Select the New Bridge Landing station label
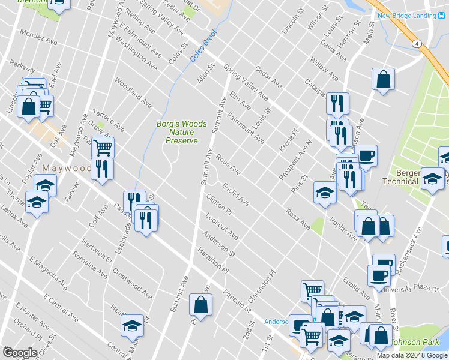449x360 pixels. (406, 16)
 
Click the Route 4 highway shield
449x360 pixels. (415, 44)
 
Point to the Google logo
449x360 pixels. (20, 353)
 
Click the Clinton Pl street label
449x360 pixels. (219, 205)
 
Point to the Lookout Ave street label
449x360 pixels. (221, 226)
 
